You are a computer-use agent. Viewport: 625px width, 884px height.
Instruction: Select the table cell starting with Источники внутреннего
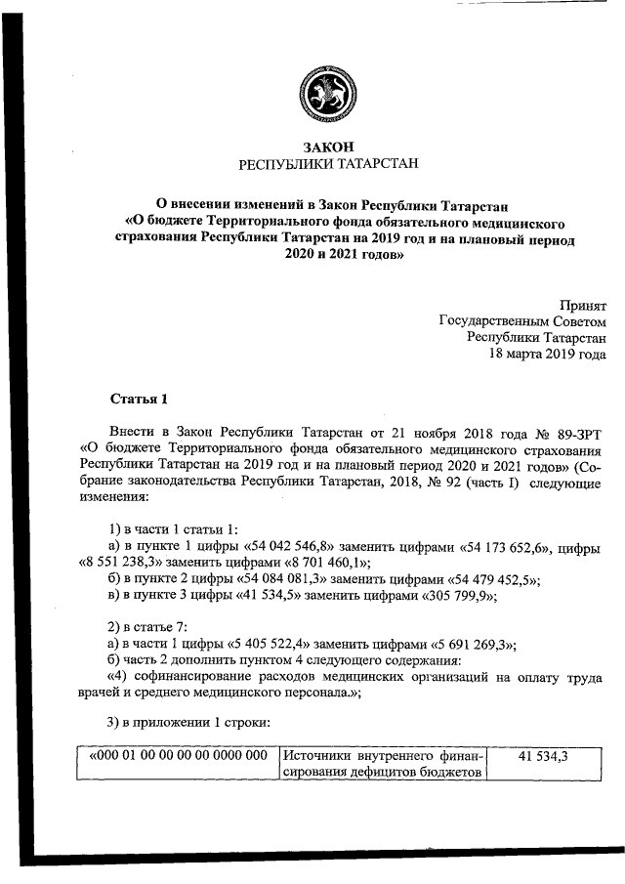382,765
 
